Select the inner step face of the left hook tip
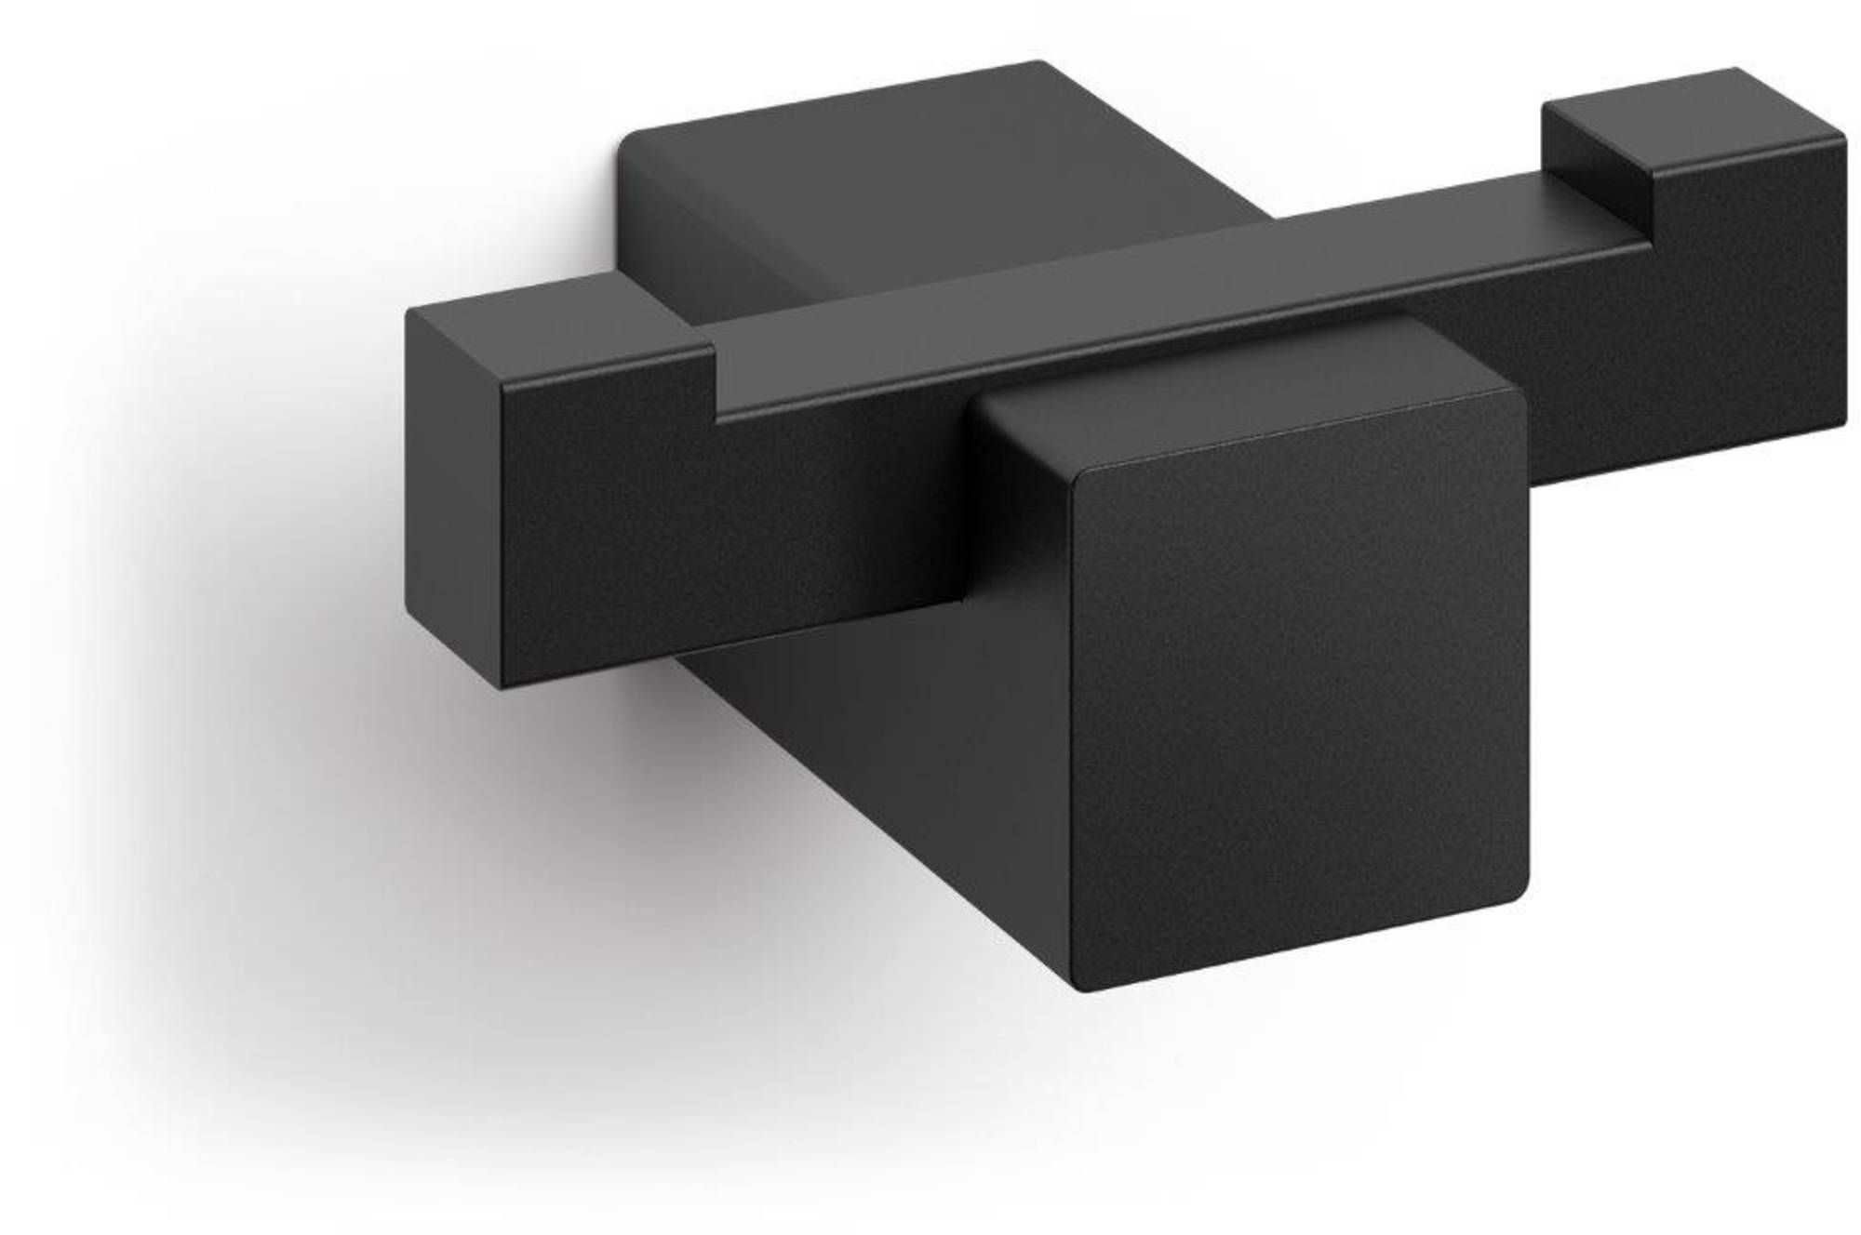(715, 381)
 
